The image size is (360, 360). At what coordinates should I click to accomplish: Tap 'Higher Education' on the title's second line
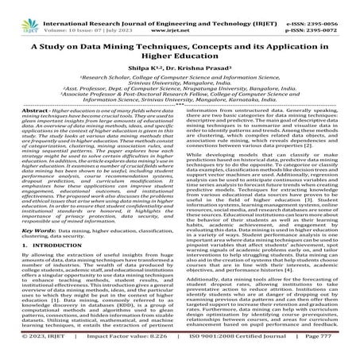click(x=180, y=47)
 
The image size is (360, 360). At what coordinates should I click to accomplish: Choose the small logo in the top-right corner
click(x=350, y=10)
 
